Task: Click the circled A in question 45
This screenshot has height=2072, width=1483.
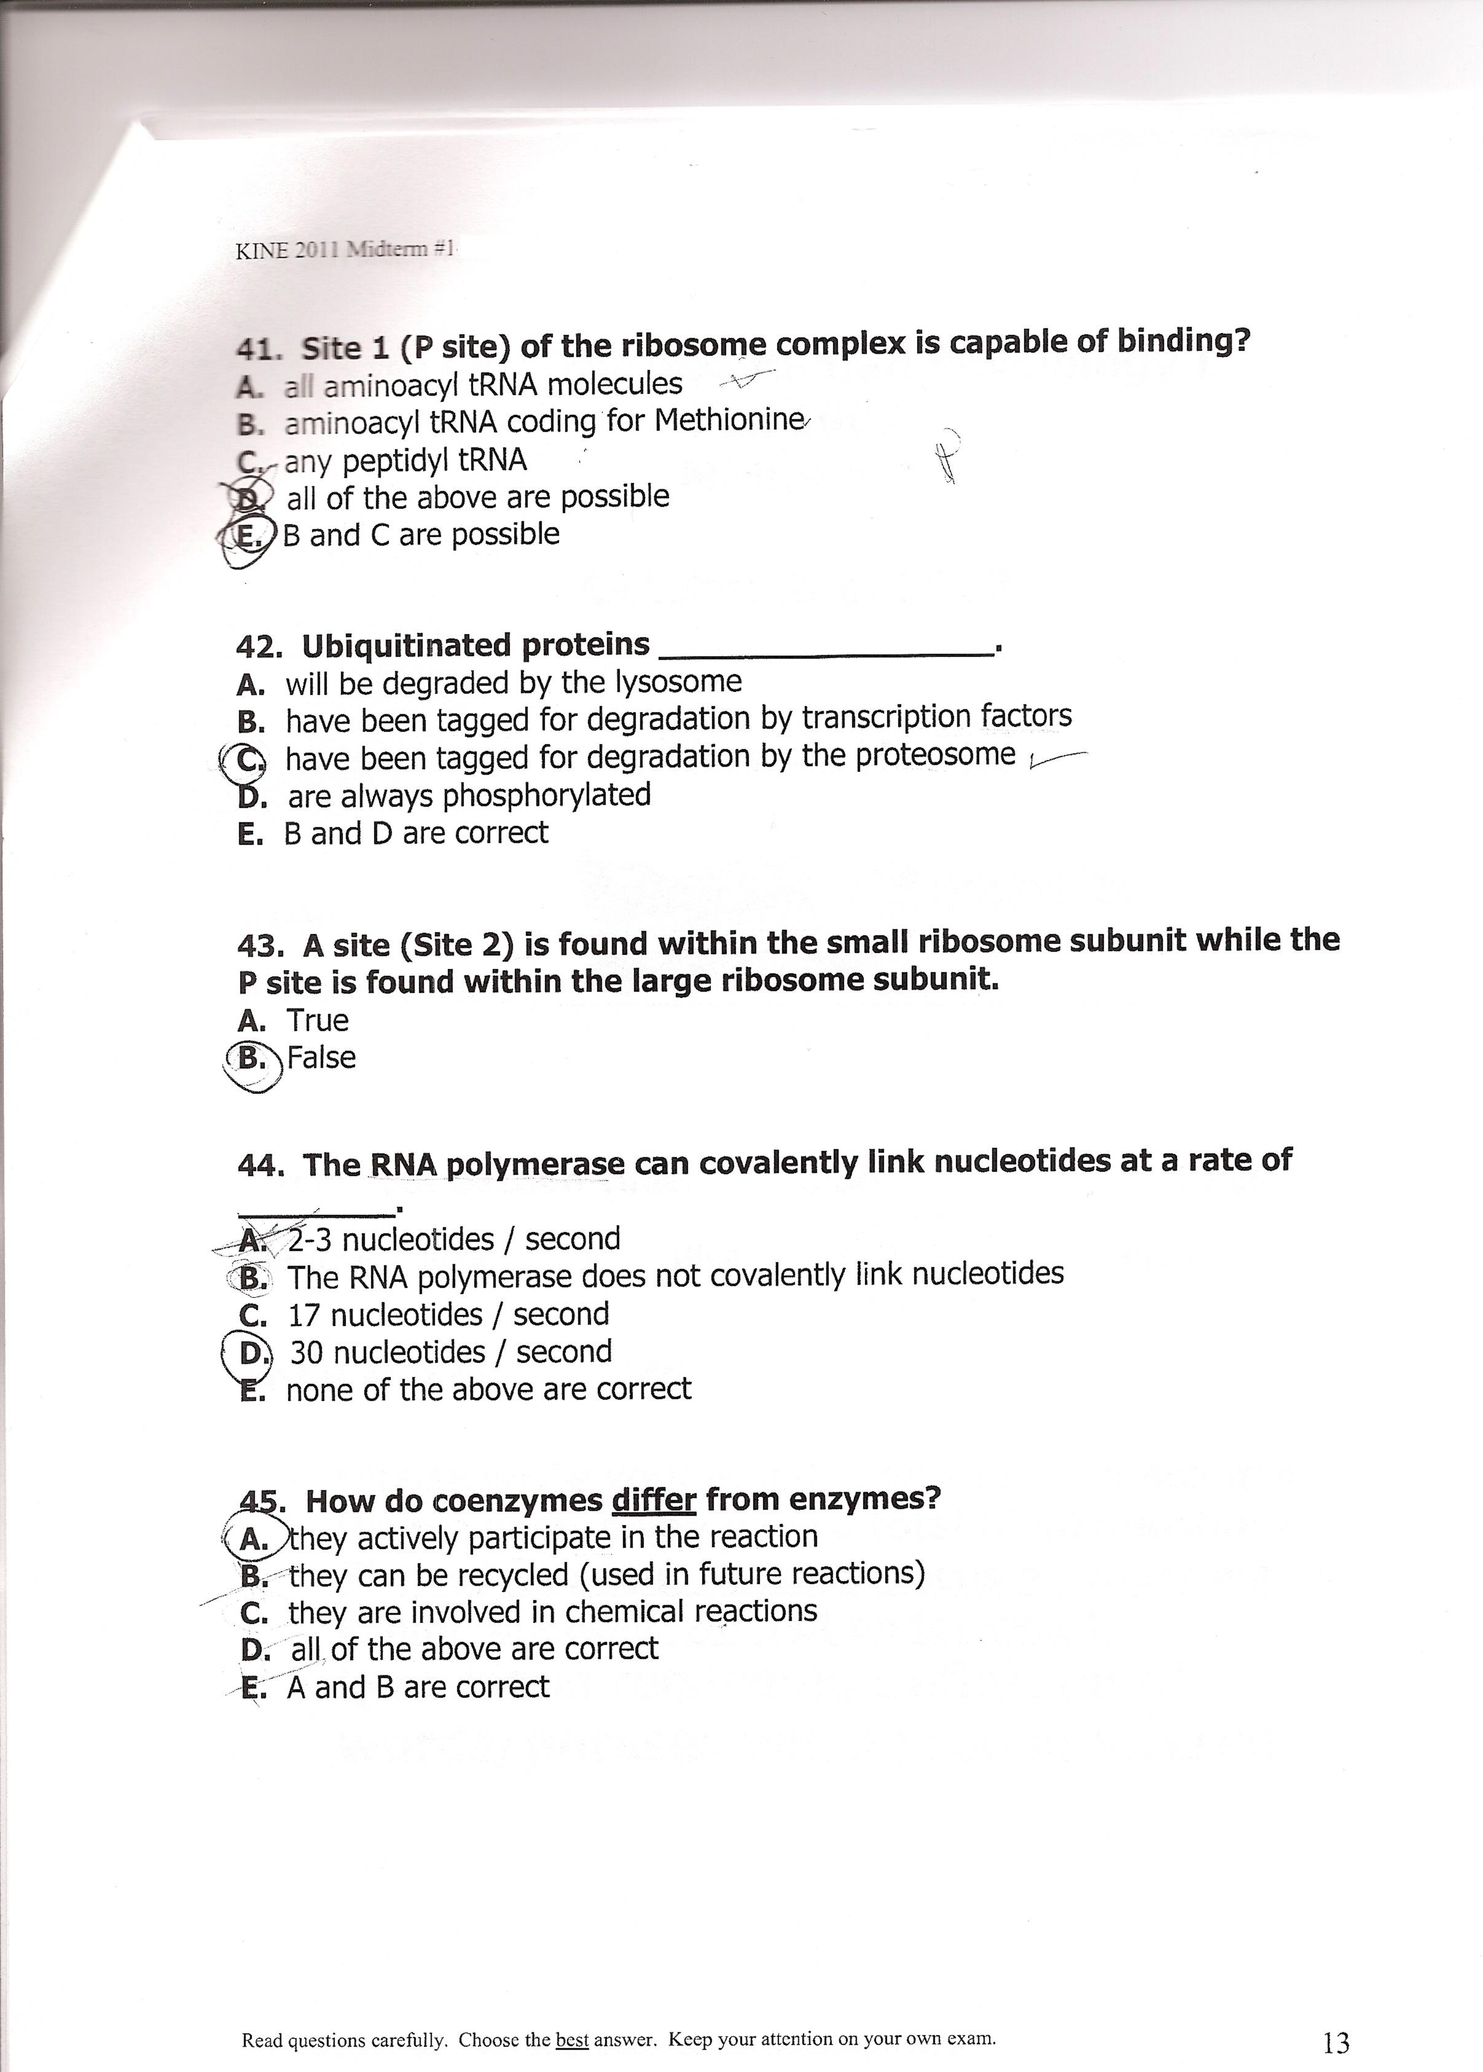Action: point(253,1539)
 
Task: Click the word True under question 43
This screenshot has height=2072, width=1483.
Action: point(317,1020)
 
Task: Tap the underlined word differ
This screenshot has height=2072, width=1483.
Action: point(653,1499)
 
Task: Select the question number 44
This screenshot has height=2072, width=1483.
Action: point(260,1165)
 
